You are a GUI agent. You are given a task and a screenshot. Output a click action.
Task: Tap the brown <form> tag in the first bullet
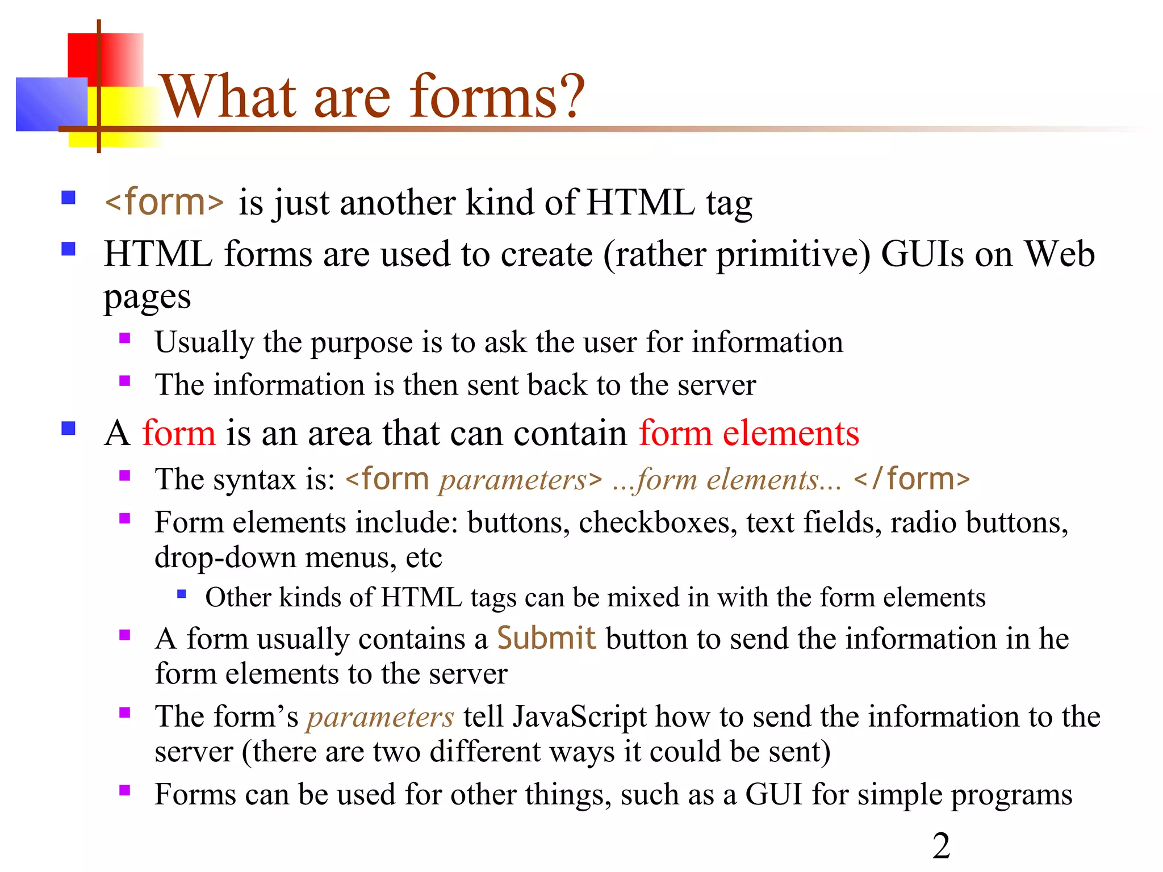pos(165,202)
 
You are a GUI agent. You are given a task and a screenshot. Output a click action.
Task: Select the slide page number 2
pos(941,846)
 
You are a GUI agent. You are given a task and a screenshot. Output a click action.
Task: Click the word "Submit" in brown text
pos(546,638)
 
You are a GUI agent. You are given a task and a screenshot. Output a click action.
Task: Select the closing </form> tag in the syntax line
pos(911,479)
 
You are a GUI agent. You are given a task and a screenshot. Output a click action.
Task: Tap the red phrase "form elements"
pos(748,433)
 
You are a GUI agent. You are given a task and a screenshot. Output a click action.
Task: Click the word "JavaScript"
pos(579,716)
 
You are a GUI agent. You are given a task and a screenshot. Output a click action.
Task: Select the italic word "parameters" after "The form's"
pos(380,716)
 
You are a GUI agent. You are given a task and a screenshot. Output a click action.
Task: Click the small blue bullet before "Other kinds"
pos(182,594)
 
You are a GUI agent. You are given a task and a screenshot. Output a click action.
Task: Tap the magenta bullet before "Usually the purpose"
pos(125,339)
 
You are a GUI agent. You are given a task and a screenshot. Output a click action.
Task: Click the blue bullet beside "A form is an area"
pos(69,428)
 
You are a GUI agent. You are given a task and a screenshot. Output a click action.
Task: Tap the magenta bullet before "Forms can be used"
pos(125,790)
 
